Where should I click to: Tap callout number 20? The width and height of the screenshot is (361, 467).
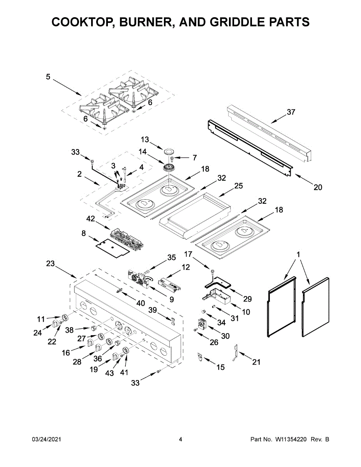click(318, 187)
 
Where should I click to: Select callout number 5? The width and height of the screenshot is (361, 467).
click(48, 77)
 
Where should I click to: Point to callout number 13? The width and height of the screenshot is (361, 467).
click(145, 139)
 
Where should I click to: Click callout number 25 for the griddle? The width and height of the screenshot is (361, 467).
click(238, 186)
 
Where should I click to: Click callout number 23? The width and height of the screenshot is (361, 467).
click(50, 263)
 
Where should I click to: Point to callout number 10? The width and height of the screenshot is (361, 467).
click(246, 312)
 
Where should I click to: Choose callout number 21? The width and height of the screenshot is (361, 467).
click(255, 362)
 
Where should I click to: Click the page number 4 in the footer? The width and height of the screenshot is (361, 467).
click(181, 439)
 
